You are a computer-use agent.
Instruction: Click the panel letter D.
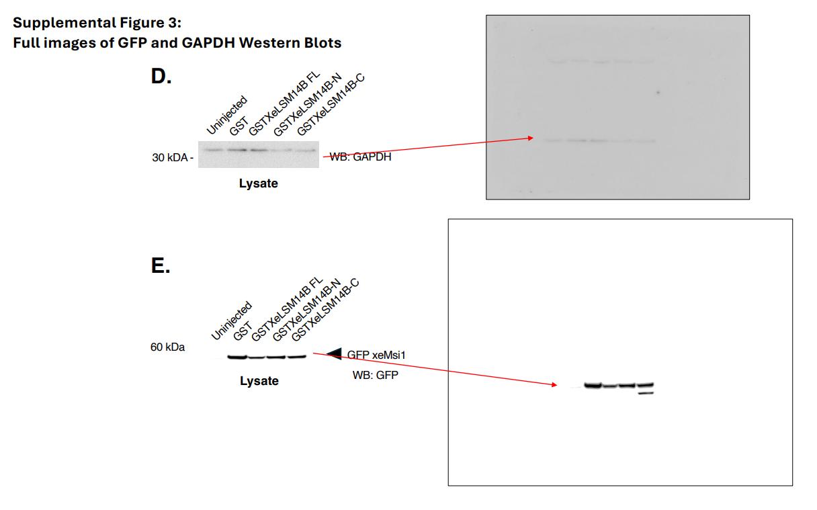160,77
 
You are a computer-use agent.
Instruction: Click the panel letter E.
160,266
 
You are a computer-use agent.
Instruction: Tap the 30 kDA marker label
171,158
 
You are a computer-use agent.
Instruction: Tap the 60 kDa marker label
167,347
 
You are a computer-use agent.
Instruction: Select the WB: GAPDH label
360,157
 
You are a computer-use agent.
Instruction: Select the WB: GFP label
375,375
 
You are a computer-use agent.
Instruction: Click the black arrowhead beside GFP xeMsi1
334,353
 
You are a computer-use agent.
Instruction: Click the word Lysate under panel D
258,183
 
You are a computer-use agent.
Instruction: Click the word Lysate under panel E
259,381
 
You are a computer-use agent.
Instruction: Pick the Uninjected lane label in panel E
230,321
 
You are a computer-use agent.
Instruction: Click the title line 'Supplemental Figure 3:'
97,23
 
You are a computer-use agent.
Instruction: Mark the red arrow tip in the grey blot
533,138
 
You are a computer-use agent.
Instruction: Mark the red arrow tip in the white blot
556,385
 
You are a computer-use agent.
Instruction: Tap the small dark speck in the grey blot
658,92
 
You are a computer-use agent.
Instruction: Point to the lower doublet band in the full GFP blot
646,393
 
